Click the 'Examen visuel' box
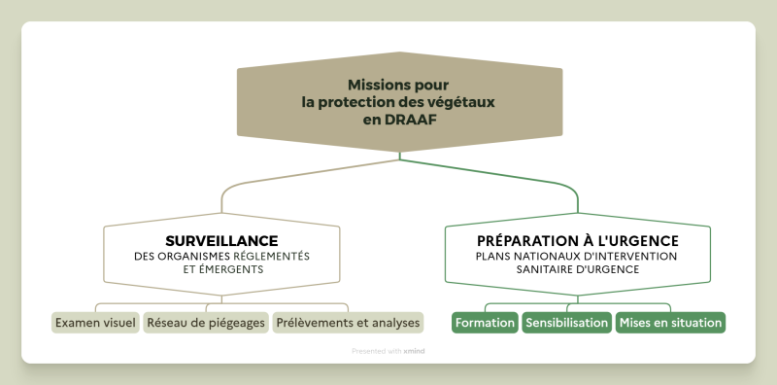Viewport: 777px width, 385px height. click(95, 323)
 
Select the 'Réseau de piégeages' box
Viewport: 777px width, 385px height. click(206, 323)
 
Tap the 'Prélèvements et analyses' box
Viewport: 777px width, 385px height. click(348, 323)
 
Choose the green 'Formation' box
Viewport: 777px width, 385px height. click(485, 323)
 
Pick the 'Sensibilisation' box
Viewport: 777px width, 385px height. click(567, 323)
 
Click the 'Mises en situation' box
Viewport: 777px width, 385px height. click(670, 323)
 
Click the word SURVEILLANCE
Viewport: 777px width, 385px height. click(221, 241)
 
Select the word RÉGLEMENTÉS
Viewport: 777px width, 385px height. click(271, 256)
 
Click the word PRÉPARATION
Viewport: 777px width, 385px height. click(523, 241)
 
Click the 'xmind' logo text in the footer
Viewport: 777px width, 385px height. click(414, 351)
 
